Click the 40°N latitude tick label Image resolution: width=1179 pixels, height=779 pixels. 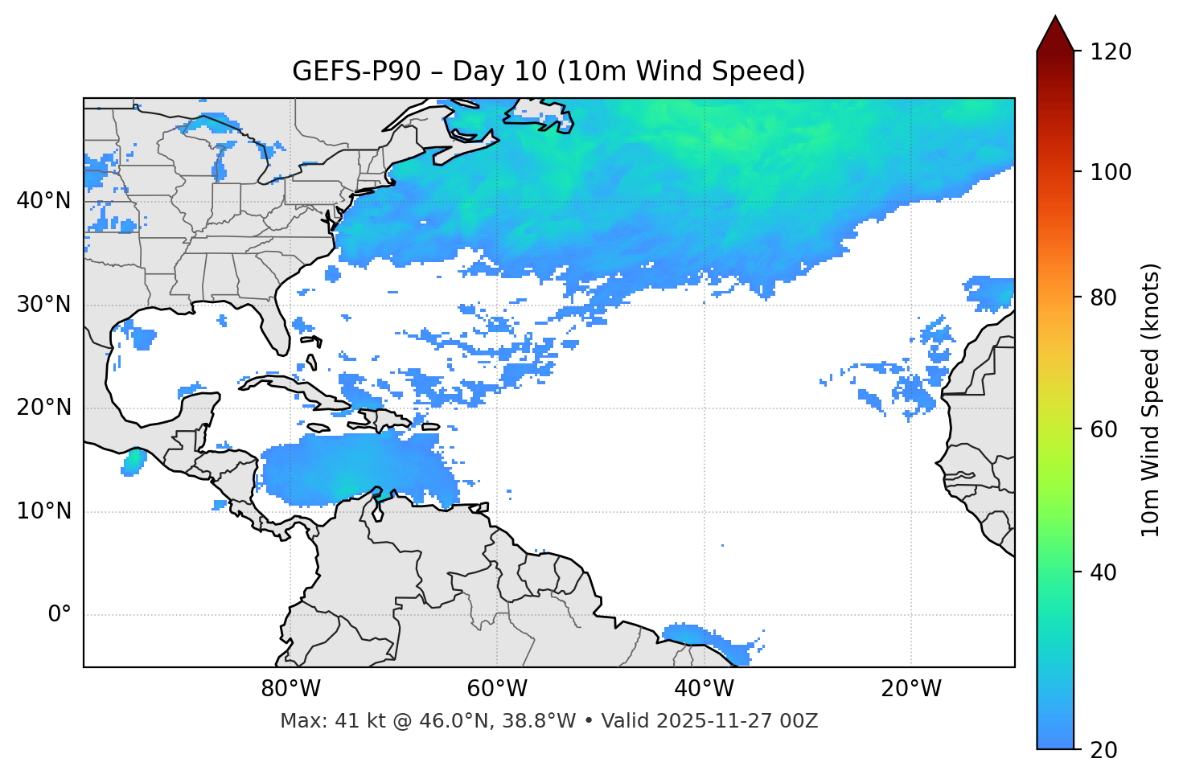click(x=43, y=201)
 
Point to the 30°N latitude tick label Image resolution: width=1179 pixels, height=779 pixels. click(x=43, y=305)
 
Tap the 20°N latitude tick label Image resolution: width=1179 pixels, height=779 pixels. click(x=43, y=408)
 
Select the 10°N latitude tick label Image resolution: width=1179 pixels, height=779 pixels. click(x=43, y=511)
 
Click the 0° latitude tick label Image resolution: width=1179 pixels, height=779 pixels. click(x=60, y=615)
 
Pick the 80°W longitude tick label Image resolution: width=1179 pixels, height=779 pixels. click(x=290, y=689)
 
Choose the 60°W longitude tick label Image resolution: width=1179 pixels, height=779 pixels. click(x=497, y=689)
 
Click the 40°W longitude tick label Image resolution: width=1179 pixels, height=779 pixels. click(x=704, y=689)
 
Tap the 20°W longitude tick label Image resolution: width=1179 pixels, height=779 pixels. click(x=910, y=689)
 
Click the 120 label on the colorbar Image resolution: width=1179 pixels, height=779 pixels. click(x=1111, y=52)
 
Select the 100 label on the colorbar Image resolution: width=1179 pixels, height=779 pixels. click(x=1111, y=172)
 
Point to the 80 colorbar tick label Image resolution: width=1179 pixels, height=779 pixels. click(x=1103, y=297)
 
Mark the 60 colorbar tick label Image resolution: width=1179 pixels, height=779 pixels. click(x=1103, y=429)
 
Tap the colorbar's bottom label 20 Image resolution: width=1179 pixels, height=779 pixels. click(x=1103, y=750)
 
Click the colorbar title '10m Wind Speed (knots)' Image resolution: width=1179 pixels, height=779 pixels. click(x=1151, y=400)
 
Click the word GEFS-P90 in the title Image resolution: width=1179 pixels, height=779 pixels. click(x=356, y=72)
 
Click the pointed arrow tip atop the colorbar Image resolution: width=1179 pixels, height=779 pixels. click(x=1055, y=19)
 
